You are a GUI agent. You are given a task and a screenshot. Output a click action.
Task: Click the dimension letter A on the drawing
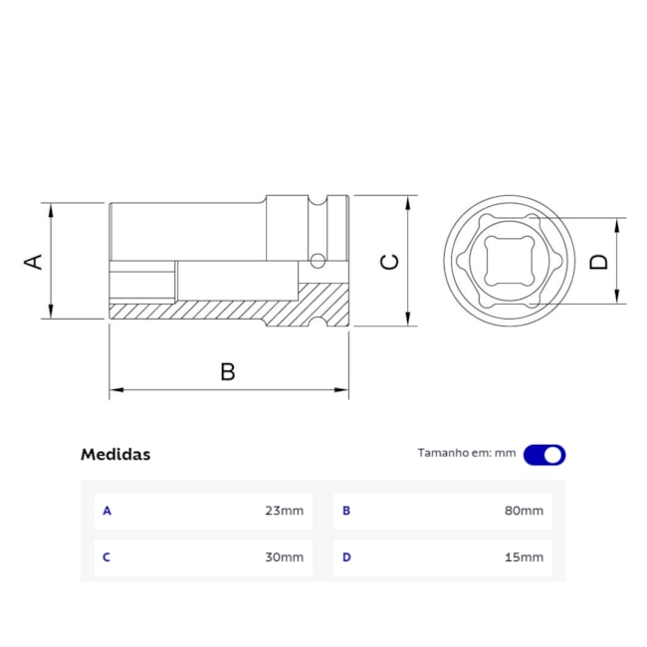pyautogui.click(x=34, y=261)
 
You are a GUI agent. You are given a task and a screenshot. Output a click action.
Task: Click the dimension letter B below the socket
pyautogui.click(x=228, y=372)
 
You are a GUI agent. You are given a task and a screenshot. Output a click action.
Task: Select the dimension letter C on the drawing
pyautogui.click(x=390, y=261)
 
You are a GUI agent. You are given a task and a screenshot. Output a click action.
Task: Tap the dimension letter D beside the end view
pyautogui.click(x=598, y=261)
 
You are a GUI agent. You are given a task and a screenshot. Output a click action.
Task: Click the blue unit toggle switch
pyautogui.click(x=544, y=455)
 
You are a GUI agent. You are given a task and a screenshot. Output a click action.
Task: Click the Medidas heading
pyautogui.click(x=115, y=455)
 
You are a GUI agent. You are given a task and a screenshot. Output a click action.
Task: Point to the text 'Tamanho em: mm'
pyautogui.click(x=466, y=453)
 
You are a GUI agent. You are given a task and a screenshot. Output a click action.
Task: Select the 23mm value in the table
pyautogui.click(x=284, y=512)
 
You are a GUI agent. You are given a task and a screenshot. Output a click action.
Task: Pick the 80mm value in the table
pyautogui.click(x=525, y=512)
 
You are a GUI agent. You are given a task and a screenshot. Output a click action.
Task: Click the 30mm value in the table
pyautogui.click(x=284, y=557)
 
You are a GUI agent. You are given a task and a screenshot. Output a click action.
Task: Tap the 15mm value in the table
pyautogui.click(x=525, y=557)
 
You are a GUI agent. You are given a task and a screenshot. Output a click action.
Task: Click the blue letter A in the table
pyautogui.click(x=108, y=512)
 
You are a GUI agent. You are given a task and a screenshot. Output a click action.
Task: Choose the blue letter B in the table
pyautogui.click(x=346, y=512)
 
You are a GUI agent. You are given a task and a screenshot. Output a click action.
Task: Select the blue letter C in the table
pyautogui.click(x=108, y=557)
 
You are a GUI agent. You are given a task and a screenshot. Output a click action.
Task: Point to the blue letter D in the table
pyautogui.click(x=346, y=557)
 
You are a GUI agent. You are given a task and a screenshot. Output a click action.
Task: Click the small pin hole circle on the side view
pyautogui.click(x=318, y=262)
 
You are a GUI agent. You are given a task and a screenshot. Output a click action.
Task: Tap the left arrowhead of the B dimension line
pyautogui.click(x=113, y=390)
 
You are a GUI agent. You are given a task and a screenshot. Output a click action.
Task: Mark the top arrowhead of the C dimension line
pyautogui.click(x=408, y=201)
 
